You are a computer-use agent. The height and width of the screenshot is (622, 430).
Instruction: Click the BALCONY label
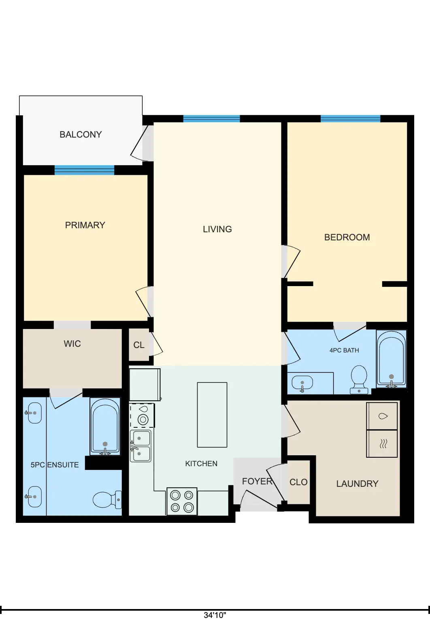coord(81,134)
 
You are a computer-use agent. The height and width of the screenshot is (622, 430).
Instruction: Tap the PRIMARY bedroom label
coord(85,225)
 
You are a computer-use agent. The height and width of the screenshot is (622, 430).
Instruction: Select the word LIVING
coord(217,229)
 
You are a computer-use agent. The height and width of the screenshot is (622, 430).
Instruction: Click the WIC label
coord(72,344)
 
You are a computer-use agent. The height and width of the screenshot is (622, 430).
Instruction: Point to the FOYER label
coord(257,481)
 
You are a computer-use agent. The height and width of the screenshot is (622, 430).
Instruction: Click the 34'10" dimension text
coord(215,615)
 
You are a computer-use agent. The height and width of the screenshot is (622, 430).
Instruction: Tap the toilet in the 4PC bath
coord(359,379)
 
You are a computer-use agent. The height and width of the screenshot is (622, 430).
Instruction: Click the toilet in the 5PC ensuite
coord(107,499)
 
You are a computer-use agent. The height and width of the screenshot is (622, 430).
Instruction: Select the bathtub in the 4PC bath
coord(392,359)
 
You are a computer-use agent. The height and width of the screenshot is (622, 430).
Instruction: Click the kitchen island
coord(212,415)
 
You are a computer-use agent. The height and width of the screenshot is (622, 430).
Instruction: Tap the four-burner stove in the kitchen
coord(182,501)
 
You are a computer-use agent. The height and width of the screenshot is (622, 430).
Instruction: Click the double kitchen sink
coord(140,446)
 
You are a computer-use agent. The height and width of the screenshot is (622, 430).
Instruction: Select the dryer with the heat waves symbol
coord(382,444)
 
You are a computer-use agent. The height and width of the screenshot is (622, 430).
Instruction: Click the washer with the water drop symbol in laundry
coord(382,416)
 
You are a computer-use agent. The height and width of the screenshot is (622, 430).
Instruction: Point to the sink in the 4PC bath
coord(302,383)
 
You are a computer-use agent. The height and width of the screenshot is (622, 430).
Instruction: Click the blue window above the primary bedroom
coord(85,170)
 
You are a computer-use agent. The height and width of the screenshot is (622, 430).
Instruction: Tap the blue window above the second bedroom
coord(351,119)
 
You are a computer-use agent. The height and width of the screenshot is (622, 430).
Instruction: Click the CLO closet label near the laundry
coord(298,482)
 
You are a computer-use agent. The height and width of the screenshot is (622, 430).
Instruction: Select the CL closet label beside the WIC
coord(139,345)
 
